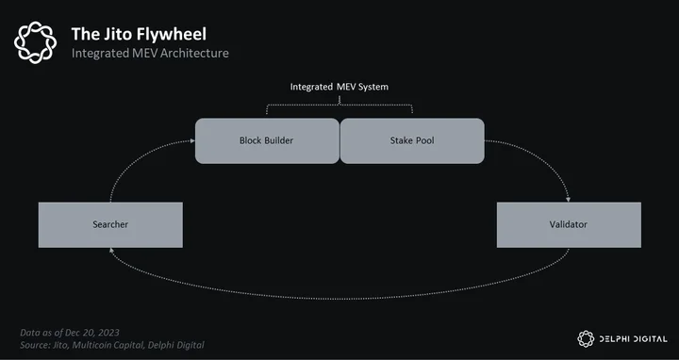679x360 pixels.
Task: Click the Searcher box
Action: tap(110, 225)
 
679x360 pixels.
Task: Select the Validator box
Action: tap(569, 225)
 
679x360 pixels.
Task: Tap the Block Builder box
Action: tap(267, 140)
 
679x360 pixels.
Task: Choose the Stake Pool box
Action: tap(412, 140)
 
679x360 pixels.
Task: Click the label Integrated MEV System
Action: tap(339, 87)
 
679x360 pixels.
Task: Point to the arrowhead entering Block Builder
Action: tap(192, 140)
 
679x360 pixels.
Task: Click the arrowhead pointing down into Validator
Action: tap(568, 200)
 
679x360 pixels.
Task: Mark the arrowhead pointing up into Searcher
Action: tap(111, 250)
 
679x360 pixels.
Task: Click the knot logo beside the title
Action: tap(35, 42)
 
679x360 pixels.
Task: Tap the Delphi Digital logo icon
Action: tap(586, 339)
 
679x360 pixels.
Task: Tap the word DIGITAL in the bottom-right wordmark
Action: tap(649, 339)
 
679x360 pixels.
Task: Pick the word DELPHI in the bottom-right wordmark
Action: tap(612, 339)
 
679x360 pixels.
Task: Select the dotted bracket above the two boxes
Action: tap(339, 105)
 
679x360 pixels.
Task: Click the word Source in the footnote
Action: tap(35, 345)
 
